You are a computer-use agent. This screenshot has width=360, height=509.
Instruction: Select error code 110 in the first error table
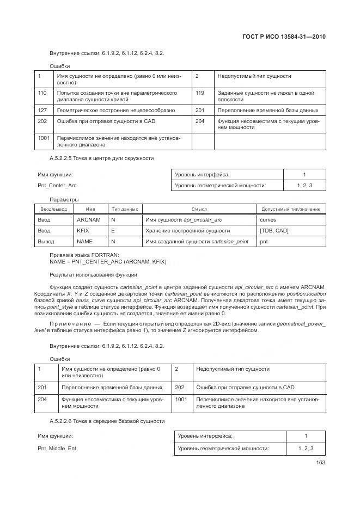(x=42, y=93)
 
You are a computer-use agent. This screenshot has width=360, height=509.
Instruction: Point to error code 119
(x=200, y=93)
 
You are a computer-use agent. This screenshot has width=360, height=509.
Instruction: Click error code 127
(x=42, y=110)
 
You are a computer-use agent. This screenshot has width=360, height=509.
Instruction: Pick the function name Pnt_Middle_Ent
(x=57, y=448)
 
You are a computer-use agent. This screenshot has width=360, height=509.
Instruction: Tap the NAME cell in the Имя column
(x=84, y=241)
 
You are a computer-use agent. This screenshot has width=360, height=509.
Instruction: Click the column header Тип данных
(x=125, y=209)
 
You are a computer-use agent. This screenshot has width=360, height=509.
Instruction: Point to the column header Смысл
(x=199, y=209)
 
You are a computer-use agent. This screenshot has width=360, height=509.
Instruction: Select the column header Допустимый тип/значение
(x=291, y=209)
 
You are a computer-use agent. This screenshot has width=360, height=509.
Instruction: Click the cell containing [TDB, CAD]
(x=274, y=230)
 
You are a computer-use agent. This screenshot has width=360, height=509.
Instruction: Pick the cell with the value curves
(x=268, y=220)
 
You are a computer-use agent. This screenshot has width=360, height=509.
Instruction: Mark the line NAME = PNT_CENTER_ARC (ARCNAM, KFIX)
(x=108, y=262)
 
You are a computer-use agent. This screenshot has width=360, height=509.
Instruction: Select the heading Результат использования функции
(x=93, y=274)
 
